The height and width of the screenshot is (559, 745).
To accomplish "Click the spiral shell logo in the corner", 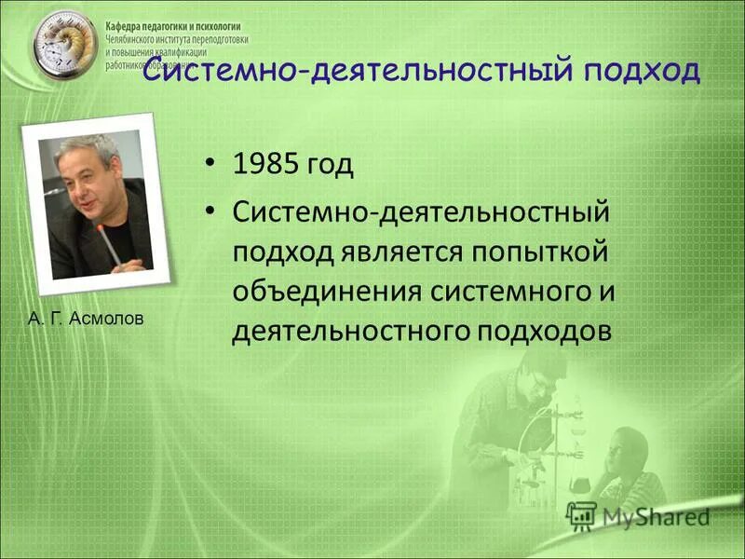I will (x=62, y=44).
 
